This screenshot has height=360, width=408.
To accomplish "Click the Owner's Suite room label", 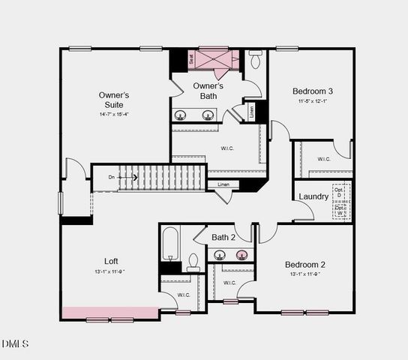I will pos(115,100).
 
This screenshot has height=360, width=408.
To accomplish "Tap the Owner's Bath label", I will pos(208,91).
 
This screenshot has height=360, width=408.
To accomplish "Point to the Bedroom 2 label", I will pos(305,265).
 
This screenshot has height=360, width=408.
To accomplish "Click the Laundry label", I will pos(313,196).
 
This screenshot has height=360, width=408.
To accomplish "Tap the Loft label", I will pos(111,261).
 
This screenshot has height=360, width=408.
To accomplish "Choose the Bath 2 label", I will pos(223,238).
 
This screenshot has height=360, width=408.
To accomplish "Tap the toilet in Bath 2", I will pos(193,262).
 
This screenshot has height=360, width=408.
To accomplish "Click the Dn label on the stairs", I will pos(112,178).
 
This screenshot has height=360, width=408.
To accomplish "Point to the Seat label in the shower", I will pos(192,57).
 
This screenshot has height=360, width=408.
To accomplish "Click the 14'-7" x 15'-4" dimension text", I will pos(115,115).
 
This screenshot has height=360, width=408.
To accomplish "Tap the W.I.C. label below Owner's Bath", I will pos(228,148).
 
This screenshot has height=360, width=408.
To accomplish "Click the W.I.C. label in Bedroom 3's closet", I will pos(324,159).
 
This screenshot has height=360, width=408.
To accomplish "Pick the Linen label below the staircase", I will pos(223,184).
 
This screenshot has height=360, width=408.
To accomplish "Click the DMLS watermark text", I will pos(15,343).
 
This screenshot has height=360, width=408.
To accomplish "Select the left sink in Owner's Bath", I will pos(181,115).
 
